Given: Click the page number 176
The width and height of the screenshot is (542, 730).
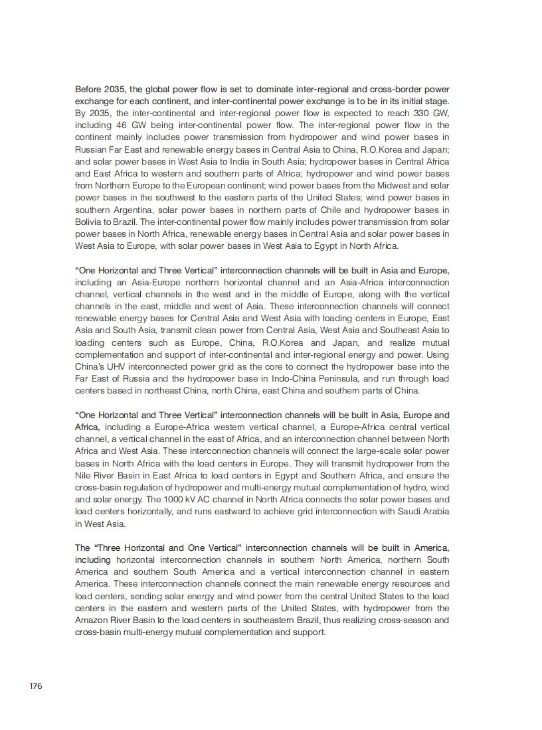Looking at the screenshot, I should tap(36, 686).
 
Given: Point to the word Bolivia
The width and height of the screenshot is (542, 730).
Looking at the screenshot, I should tap(89, 222).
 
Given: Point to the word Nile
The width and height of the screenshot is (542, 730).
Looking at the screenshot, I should tap(83, 476).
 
